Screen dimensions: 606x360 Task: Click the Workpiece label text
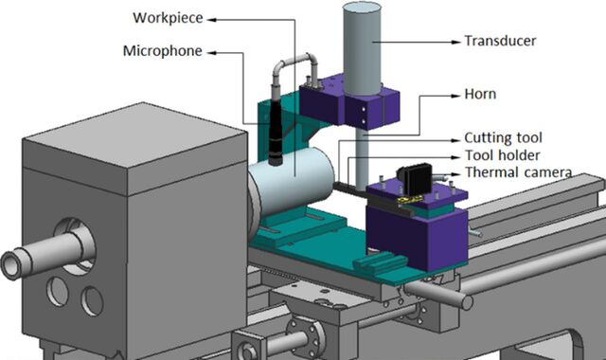[x=168, y=18]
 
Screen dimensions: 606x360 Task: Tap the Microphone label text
[x=162, y=51]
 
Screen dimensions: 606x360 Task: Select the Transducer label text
[x=500, y=41]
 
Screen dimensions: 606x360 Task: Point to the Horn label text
[x=480, y=94]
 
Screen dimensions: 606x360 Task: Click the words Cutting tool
[x=503, y=137]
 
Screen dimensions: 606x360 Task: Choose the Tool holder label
[x=502, y=155]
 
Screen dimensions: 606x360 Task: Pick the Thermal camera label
[x=518, y=172]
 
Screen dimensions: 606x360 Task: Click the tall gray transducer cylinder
[x=362, y=48]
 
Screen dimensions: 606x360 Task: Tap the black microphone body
[x=276, y=132]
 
